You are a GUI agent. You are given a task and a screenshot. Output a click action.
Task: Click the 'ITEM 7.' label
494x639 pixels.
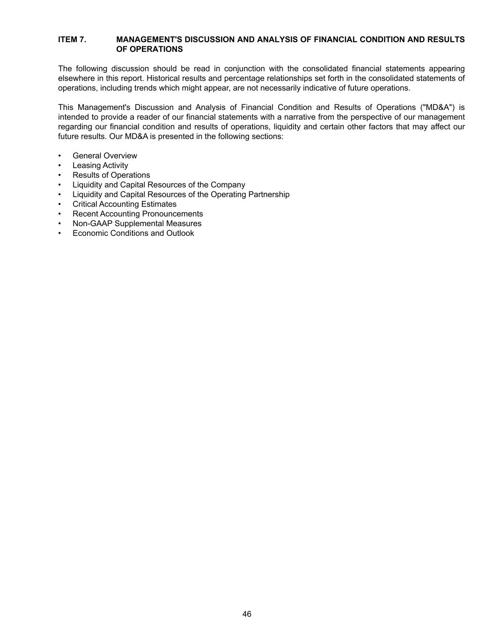pyautogui.click(x=72, y=40)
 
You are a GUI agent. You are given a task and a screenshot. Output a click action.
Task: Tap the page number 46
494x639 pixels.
pyautogui.click(x=247, y=614)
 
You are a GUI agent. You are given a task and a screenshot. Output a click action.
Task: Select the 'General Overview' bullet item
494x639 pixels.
pyautogui.click(x=104, y=156)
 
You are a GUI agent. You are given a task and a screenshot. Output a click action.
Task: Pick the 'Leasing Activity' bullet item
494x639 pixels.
pyautogui.click(x=100, y=166)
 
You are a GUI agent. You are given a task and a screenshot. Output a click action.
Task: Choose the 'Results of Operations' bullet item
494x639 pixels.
pyautogui.click(x=111, y=175)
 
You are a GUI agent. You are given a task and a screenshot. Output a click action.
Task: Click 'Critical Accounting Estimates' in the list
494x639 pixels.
pyautogui.click(x=124, y=204)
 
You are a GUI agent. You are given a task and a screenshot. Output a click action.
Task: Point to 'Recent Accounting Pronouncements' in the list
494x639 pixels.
pyautogui.click(x=138, y=214)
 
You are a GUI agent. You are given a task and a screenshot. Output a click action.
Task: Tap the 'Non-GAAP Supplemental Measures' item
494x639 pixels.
pyautogui.click(x=137, y=224)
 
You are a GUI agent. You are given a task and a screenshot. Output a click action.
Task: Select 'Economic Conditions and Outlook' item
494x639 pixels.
pyautogui.click(x=133, y=233)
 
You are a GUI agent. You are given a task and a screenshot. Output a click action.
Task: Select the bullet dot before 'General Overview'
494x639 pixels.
pyautogui.click(x=59, y=156)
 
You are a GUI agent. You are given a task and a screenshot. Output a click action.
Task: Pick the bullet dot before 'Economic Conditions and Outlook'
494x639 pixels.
pyautogui.click(x=59, y=233)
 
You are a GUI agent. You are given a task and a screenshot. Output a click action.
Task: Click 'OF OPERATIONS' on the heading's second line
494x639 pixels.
pyautogui.click(x=149, y=49)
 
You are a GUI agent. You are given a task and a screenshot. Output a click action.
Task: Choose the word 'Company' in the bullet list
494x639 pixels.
pyautogui.click(x=228, y=185)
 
